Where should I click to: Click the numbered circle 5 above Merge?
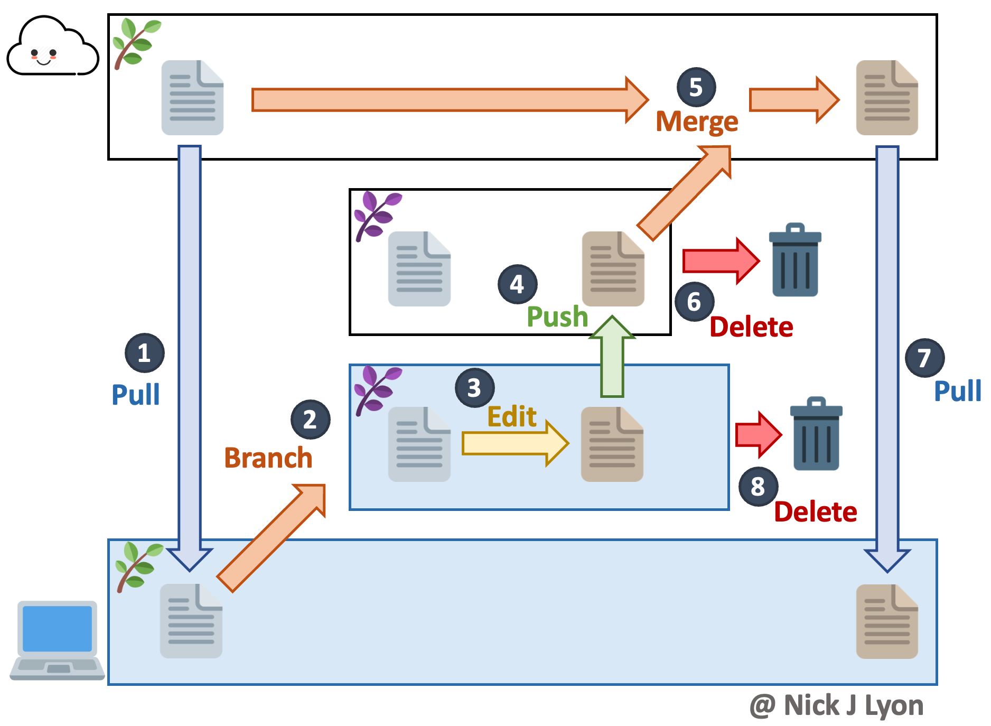click(696, 87)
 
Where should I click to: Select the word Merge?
click(696, 122)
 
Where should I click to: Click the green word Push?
click(557, 317)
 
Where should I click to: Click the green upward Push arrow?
click(612, 359)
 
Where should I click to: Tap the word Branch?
click(268, 458)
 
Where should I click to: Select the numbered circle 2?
click(310, 420)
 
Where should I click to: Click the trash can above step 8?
click(816, 434)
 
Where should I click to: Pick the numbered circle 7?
click(924, 358)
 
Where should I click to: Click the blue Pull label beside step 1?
click(135, 395)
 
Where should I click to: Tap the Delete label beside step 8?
click(815, 512)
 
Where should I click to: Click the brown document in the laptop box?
click(886, 622)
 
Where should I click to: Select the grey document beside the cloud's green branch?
click(192, 98)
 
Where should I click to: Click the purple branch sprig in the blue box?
click(377, 389)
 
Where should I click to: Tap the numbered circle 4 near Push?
click(517, 284)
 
